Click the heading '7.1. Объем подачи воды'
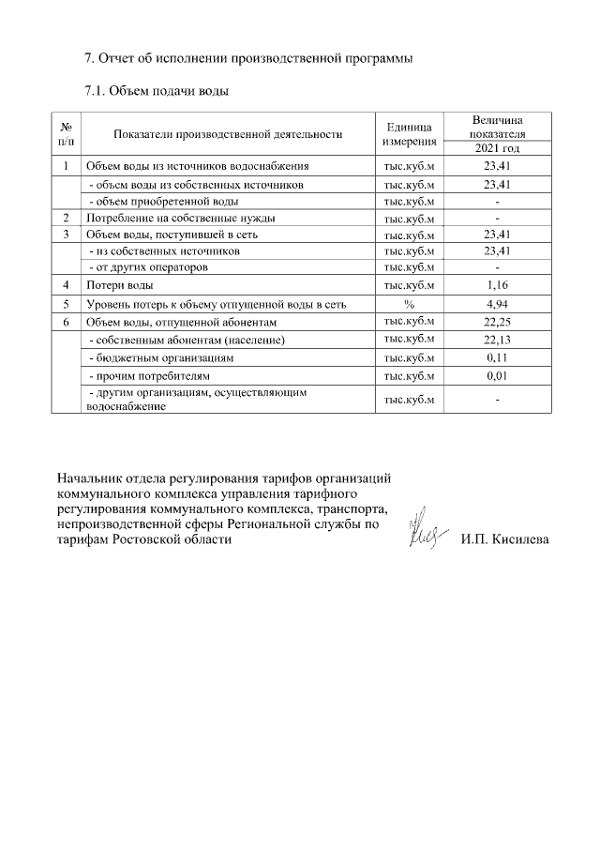click(157, 91)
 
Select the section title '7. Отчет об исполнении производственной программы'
click(247, 58)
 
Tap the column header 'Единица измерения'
click(409, 134)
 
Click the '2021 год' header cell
click(496, 148)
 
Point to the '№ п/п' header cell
click(67, 134)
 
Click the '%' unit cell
click(409, 304)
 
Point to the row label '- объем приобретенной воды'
click(163, 202)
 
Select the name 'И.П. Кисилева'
click(504, 539)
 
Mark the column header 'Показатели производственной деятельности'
click(227, 134)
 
